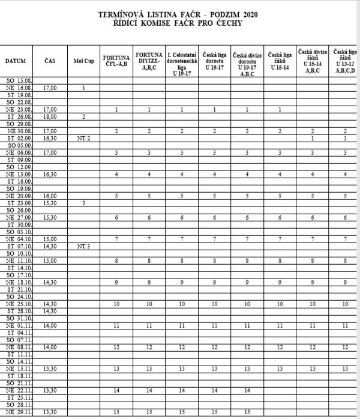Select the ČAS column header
point(50,61)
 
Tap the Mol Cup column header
point(83,61)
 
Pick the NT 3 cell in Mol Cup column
point(83,246)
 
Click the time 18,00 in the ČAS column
point(50,116)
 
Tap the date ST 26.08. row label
point(19,116)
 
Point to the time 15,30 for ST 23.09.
point(50,203)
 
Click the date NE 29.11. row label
point(19,412)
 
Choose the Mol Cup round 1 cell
point(83,88)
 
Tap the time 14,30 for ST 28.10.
point(50,311)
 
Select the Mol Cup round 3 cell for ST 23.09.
point(83,203)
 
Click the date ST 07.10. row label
point(19,246)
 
